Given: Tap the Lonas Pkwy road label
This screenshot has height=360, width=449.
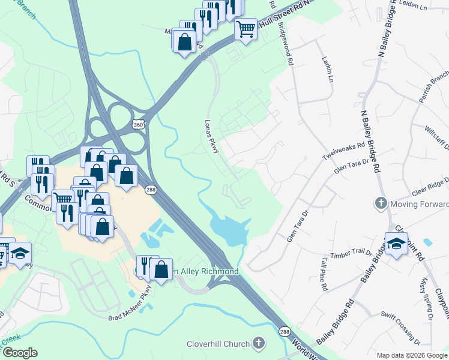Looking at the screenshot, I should pos(212,136).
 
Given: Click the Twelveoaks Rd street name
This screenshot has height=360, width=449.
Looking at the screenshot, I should pos(343,153).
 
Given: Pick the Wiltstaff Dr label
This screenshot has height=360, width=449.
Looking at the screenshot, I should pos(436,133).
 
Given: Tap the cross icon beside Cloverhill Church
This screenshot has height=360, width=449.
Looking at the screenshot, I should pos(259,343).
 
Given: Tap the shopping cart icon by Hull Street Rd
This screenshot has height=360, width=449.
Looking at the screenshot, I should pos(246,28).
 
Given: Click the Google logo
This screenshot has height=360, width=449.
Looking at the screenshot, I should pos(20,352).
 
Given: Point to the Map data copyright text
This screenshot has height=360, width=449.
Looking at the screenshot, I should pos(411,355).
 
